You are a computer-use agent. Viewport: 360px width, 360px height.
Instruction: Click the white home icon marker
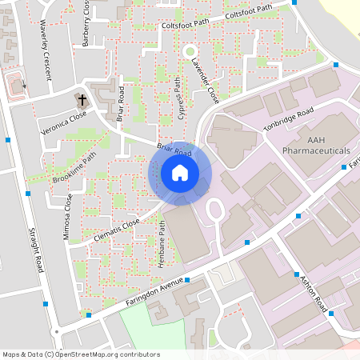pos(180,172)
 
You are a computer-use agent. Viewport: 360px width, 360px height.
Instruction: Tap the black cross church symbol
pos(82,99)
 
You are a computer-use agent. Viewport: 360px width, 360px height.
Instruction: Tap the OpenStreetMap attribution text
pos(80,354)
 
